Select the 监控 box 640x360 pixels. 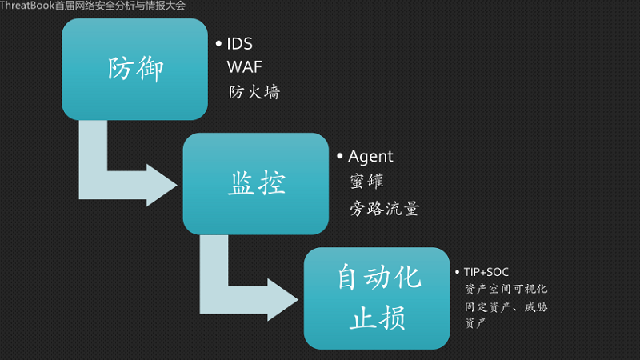click(255, 184)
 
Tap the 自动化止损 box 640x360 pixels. click(376, 298)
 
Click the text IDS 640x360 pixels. click(239, 43)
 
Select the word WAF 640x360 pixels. click(245, 67)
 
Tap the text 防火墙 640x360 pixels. click(254, 92)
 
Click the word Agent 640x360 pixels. click(371, 157)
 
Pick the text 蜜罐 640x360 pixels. click(367, 182)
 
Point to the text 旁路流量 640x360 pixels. click(384, 209)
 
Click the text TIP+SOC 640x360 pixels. click(486, 272)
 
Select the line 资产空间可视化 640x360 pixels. click(506, 289)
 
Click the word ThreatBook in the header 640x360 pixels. click(27, 6)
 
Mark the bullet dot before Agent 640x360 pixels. click(340, 155)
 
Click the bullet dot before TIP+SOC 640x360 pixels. click(457, 272)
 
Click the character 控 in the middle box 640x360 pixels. click(270, 185)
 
